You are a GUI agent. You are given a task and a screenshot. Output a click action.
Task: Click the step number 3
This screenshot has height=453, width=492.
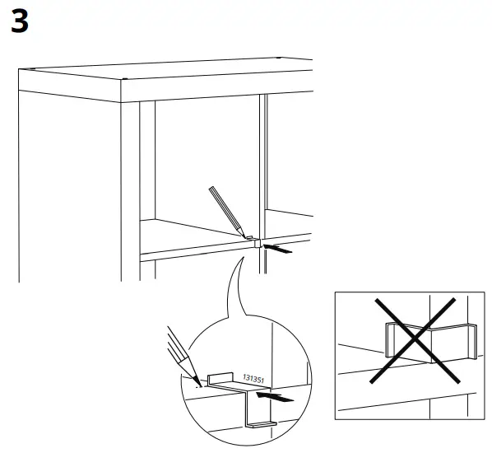click(21, 22)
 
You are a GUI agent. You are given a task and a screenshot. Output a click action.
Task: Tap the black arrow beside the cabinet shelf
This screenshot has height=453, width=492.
click(280, 246)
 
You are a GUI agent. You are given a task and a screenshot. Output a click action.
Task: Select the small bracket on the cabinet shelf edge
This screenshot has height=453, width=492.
click(257, 242)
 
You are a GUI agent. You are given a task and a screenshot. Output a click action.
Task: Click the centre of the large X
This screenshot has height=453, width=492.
click(413, 340)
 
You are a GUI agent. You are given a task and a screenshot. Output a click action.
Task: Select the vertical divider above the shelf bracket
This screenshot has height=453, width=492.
click(264, 165)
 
